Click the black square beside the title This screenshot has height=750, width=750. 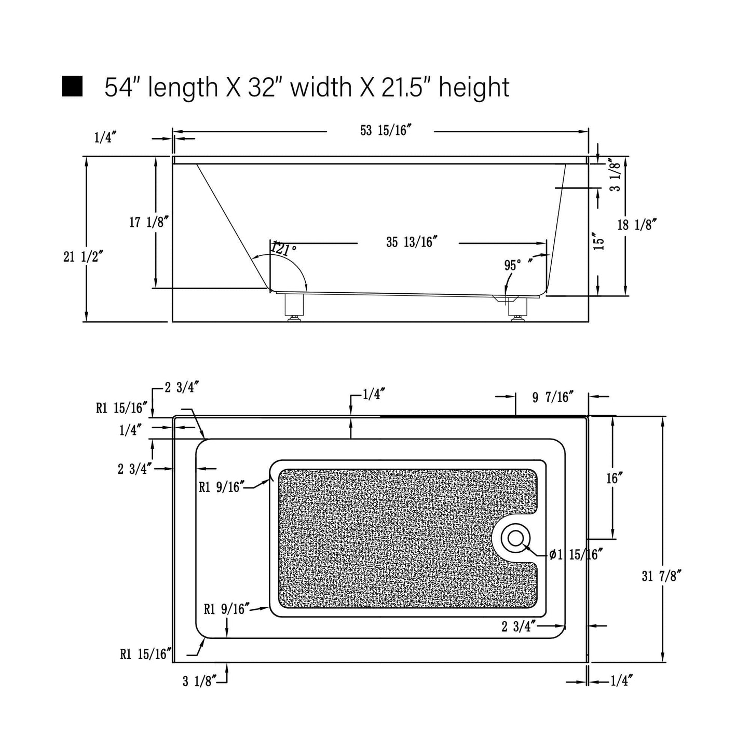[x=72, y=86]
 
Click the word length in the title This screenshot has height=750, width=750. [x=183, y=87]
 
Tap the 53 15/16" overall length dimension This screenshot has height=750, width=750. [x=386, y=130]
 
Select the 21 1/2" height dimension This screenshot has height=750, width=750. [x=83, y=257]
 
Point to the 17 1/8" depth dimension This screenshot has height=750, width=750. [x=148, y=222]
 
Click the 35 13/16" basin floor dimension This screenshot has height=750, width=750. [x=412, y=242]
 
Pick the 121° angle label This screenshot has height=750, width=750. [x=284, y=248]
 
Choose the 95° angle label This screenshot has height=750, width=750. [x=513, y=265]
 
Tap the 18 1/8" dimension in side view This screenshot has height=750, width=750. [x=637, y=225]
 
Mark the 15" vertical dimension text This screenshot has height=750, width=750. [x=600, y=241]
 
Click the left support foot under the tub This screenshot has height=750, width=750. [x=294, y=308]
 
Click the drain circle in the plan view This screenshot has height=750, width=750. [x=516, y=538]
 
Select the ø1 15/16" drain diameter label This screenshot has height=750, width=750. [x=577, y=555]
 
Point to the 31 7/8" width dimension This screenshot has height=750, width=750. [x=662, y=576]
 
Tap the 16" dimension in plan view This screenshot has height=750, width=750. [x=615, y=479]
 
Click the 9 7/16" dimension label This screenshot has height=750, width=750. [x=553, y=398]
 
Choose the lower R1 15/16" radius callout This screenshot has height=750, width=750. [x=146, y=654]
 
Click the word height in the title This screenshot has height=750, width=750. [x=474, y=87]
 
